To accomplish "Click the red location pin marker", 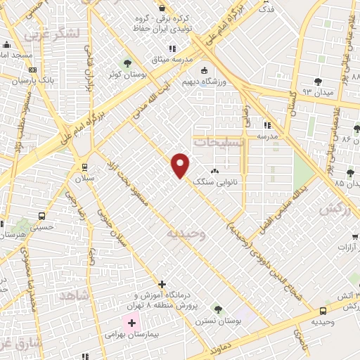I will (181, 165).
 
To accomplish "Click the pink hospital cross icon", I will (131, 323).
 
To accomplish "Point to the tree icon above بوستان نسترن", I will (217, 308).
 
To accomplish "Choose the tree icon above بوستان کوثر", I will (127, 63).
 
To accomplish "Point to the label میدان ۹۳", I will (316, 92).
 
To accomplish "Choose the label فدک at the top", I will (266, 10).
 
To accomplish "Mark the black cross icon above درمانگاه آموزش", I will (162, 285).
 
